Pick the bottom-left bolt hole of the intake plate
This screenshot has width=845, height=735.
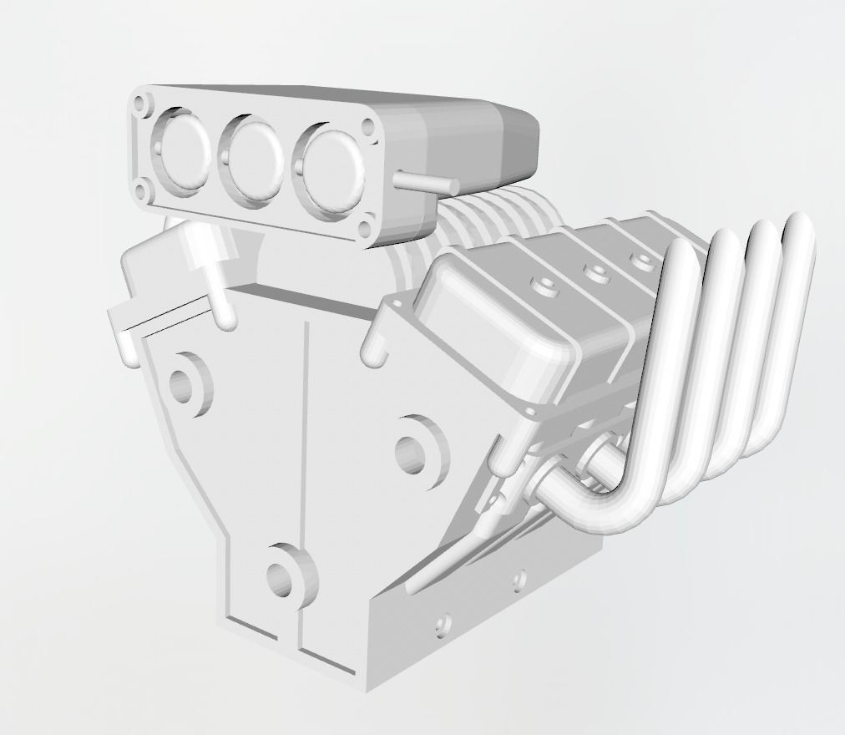click(x=143, y=192)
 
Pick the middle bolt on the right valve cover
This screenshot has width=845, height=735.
click(x=595, y=271)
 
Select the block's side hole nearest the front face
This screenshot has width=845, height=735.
click(x=443, y=623)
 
